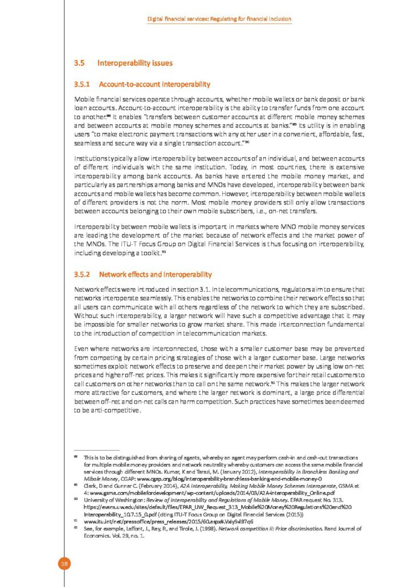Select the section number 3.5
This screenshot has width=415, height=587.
pyautogui.click(x=80, y=62)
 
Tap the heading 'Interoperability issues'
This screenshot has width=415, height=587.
pyautogui.click(x=135, y=62)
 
